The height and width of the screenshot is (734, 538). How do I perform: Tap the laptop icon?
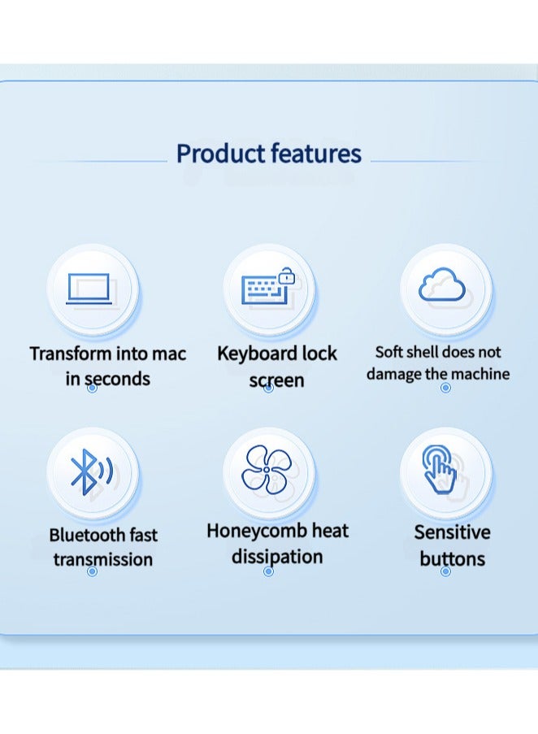(91, 289)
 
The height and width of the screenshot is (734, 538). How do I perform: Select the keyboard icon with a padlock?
(266, 289)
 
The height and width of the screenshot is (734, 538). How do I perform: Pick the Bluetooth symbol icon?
(89, 472)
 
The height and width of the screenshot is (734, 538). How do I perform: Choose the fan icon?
(267, 471)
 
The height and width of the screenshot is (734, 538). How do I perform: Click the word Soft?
(389, 352)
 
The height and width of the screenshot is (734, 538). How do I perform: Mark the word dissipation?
(277, 557)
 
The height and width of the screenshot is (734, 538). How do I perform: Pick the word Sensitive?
(452, 532)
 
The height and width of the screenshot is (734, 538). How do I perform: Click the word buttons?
(452, 558)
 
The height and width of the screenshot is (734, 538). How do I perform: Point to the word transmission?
(102, 559)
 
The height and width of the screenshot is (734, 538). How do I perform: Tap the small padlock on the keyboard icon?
(285, 277)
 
